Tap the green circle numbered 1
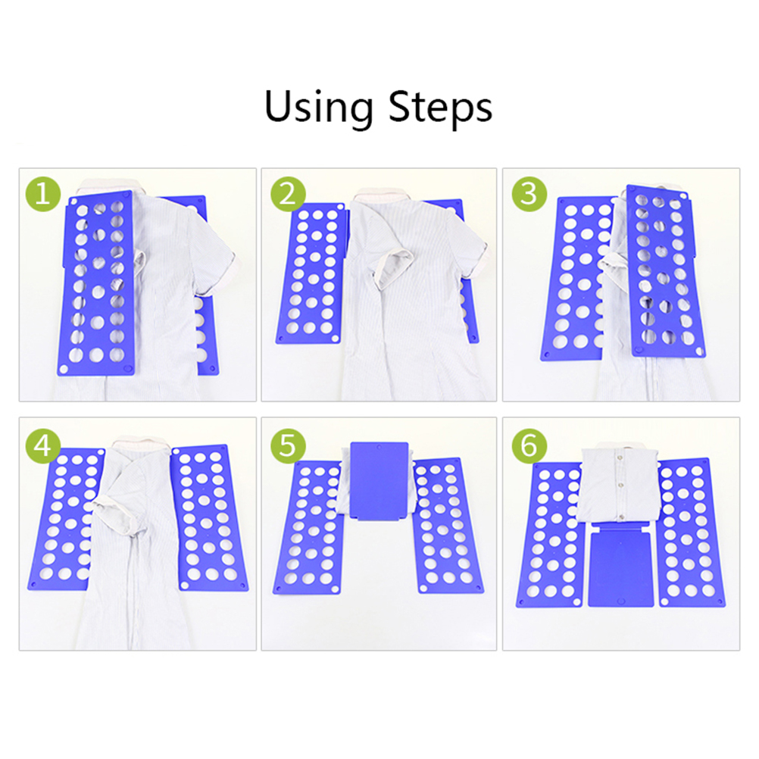42,194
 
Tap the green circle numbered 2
288,194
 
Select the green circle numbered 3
529,194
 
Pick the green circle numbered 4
42,445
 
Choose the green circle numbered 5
288,445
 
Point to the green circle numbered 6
529,445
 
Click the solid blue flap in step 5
379,480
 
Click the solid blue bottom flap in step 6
621,564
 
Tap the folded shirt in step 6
619,484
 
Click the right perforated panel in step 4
210,518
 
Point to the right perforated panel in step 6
692,533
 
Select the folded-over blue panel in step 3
666,271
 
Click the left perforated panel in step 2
311,273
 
